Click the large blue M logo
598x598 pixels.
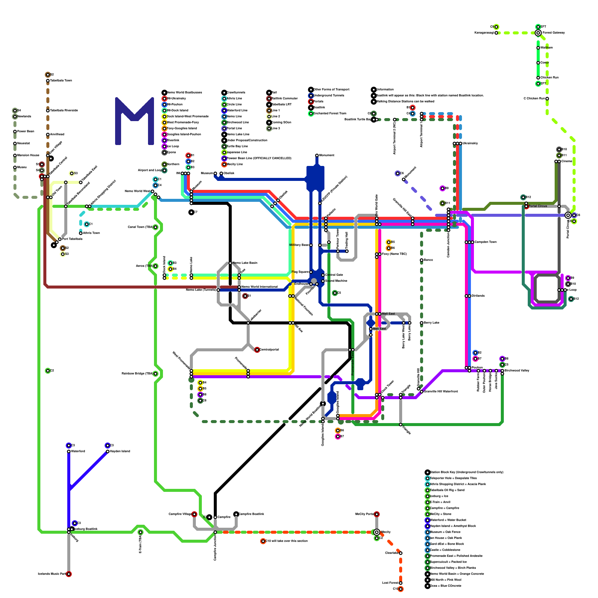point(135,121)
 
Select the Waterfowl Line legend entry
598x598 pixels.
point(237,110)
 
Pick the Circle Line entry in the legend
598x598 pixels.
point(234,104)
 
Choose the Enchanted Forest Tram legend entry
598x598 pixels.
point(330,113)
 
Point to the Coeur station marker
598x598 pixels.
point(538,63)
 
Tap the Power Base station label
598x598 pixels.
point(25,132)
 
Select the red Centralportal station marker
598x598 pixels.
point(257,350)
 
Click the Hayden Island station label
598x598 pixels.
point(120,451)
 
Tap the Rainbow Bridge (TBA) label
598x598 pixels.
point(137,374)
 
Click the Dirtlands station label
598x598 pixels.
point(478,296)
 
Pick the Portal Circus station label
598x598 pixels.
point(538,206)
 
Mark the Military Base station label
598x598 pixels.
point(299,245)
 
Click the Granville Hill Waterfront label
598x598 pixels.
point(441,392)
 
